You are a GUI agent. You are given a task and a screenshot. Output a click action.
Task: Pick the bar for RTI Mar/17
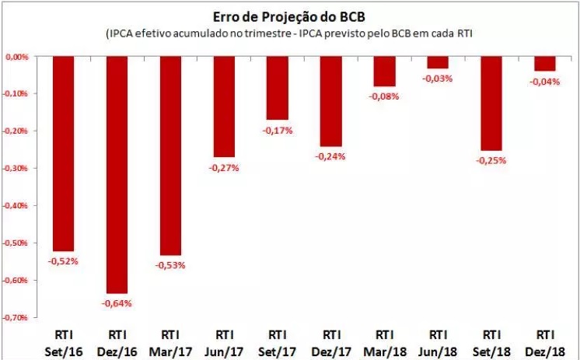[169, 156]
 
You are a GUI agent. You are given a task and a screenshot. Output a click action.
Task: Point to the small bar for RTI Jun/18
[438, 62]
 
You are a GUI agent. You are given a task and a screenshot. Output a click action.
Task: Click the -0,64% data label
[116, 302]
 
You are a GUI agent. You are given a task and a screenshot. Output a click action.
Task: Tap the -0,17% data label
[277, 130]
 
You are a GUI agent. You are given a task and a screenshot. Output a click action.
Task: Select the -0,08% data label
[384, 96]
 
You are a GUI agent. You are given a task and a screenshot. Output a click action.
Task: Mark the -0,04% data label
[544, 82]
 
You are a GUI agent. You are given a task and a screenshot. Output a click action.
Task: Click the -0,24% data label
[330, 156]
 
